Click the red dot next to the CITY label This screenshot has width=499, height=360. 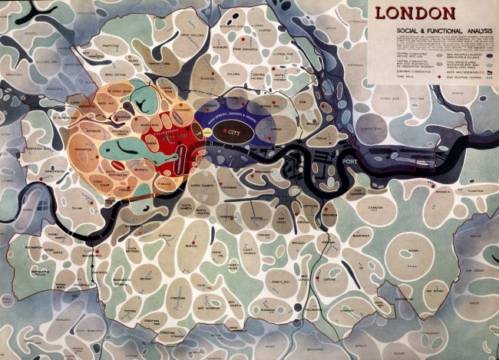click(225, 133)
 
